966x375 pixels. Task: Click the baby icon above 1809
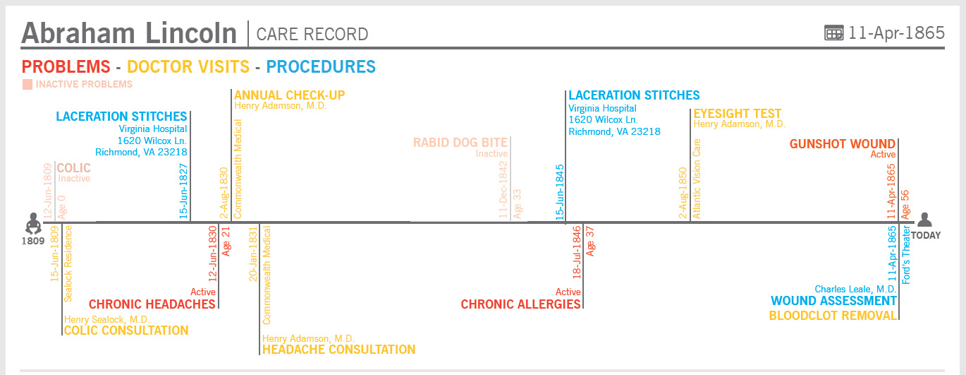(32, 223)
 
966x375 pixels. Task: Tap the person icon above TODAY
(924, 220)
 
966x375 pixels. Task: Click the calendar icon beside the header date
(833, 32)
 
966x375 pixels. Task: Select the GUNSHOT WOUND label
(842, 144)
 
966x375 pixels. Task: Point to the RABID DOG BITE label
(460, 143)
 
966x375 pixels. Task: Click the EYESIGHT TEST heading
(737, 114)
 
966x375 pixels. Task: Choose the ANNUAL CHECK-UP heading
(289, 95)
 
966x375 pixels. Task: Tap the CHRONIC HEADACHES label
(152, 304)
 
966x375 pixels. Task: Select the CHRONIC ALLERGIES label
(520, 304)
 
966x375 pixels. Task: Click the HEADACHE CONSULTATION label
(338, 350)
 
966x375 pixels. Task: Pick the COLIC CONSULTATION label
(126, 331)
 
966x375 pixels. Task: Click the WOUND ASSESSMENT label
(833, 302)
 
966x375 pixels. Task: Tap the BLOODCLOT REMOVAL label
(832, 316)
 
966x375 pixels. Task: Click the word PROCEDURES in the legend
(321, 67)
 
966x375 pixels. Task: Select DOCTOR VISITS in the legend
(188, 67)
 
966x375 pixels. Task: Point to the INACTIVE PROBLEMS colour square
(27, 85)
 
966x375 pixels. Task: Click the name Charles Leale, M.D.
(855, 289)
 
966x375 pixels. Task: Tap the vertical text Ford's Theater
(907, 254)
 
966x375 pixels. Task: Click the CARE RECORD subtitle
(312, 34)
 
